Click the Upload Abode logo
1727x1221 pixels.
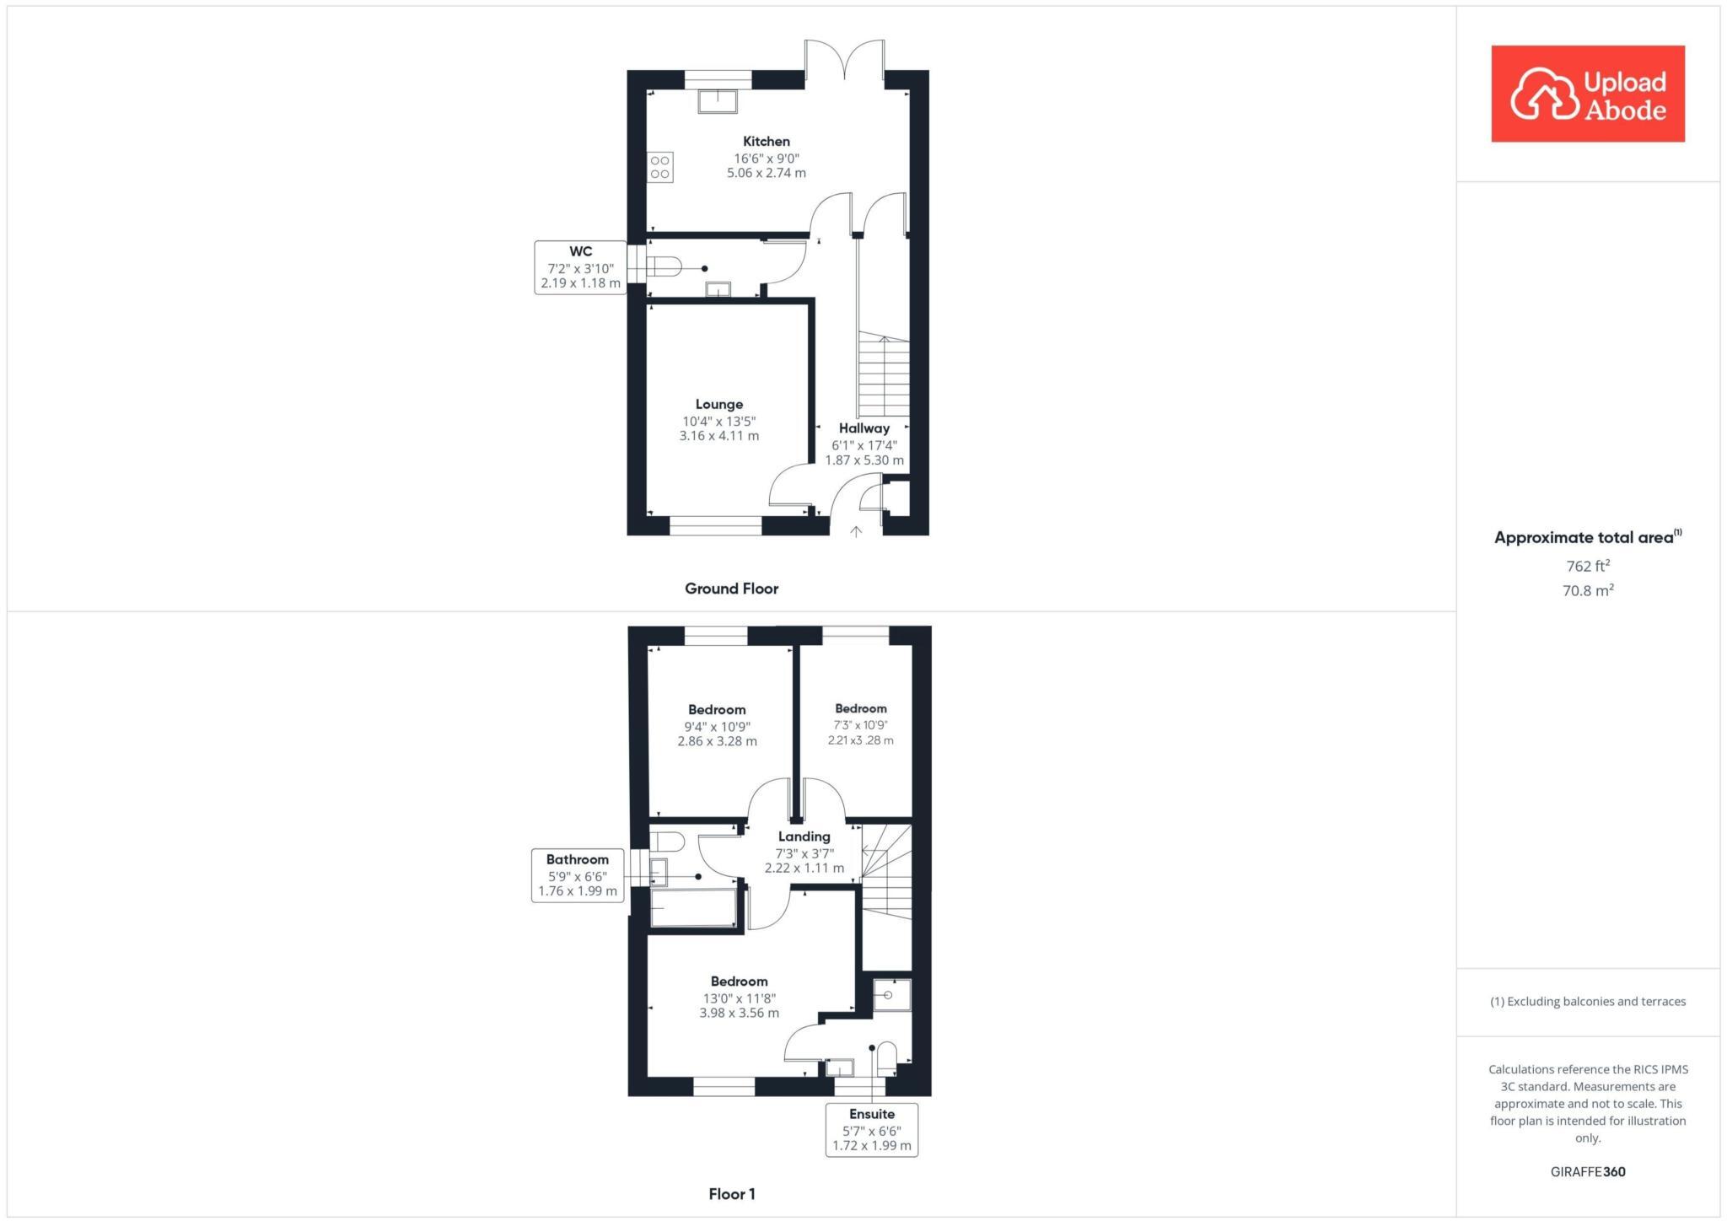[1587, 94]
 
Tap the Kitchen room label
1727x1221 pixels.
[766, 142]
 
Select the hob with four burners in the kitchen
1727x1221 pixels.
[660, 167]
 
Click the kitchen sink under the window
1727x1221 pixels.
[717, 101]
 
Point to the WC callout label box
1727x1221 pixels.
[580, 267]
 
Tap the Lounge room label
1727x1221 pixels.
[718, 405]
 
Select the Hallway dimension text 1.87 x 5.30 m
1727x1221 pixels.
[863, 460]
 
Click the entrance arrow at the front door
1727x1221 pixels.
[855, 531]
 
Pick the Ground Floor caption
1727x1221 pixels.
[731, 589]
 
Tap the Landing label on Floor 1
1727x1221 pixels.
[804, 836]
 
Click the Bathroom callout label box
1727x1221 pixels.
[578, 875]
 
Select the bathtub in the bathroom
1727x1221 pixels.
[693, 909]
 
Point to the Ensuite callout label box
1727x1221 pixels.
[871, 1130]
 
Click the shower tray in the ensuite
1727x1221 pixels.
[890, 995]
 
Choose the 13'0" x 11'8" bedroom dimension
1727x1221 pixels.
[739, 998]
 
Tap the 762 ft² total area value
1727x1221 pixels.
[1587, 566]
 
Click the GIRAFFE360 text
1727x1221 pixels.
[1587, 1171]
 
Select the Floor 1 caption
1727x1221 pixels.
[731, 1194]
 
